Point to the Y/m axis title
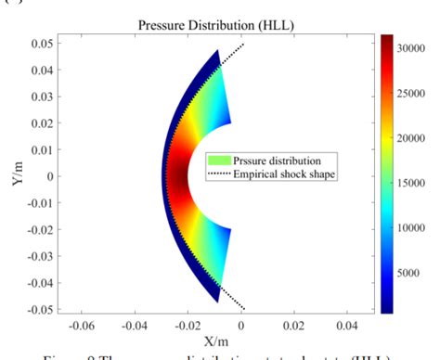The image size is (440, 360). pos(18,174)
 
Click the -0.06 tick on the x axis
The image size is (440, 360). pos(83,327)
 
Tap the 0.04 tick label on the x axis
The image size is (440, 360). pos(347,327)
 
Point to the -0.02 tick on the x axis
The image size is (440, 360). pos(188,327)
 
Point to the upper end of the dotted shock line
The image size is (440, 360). pos(242,44)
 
